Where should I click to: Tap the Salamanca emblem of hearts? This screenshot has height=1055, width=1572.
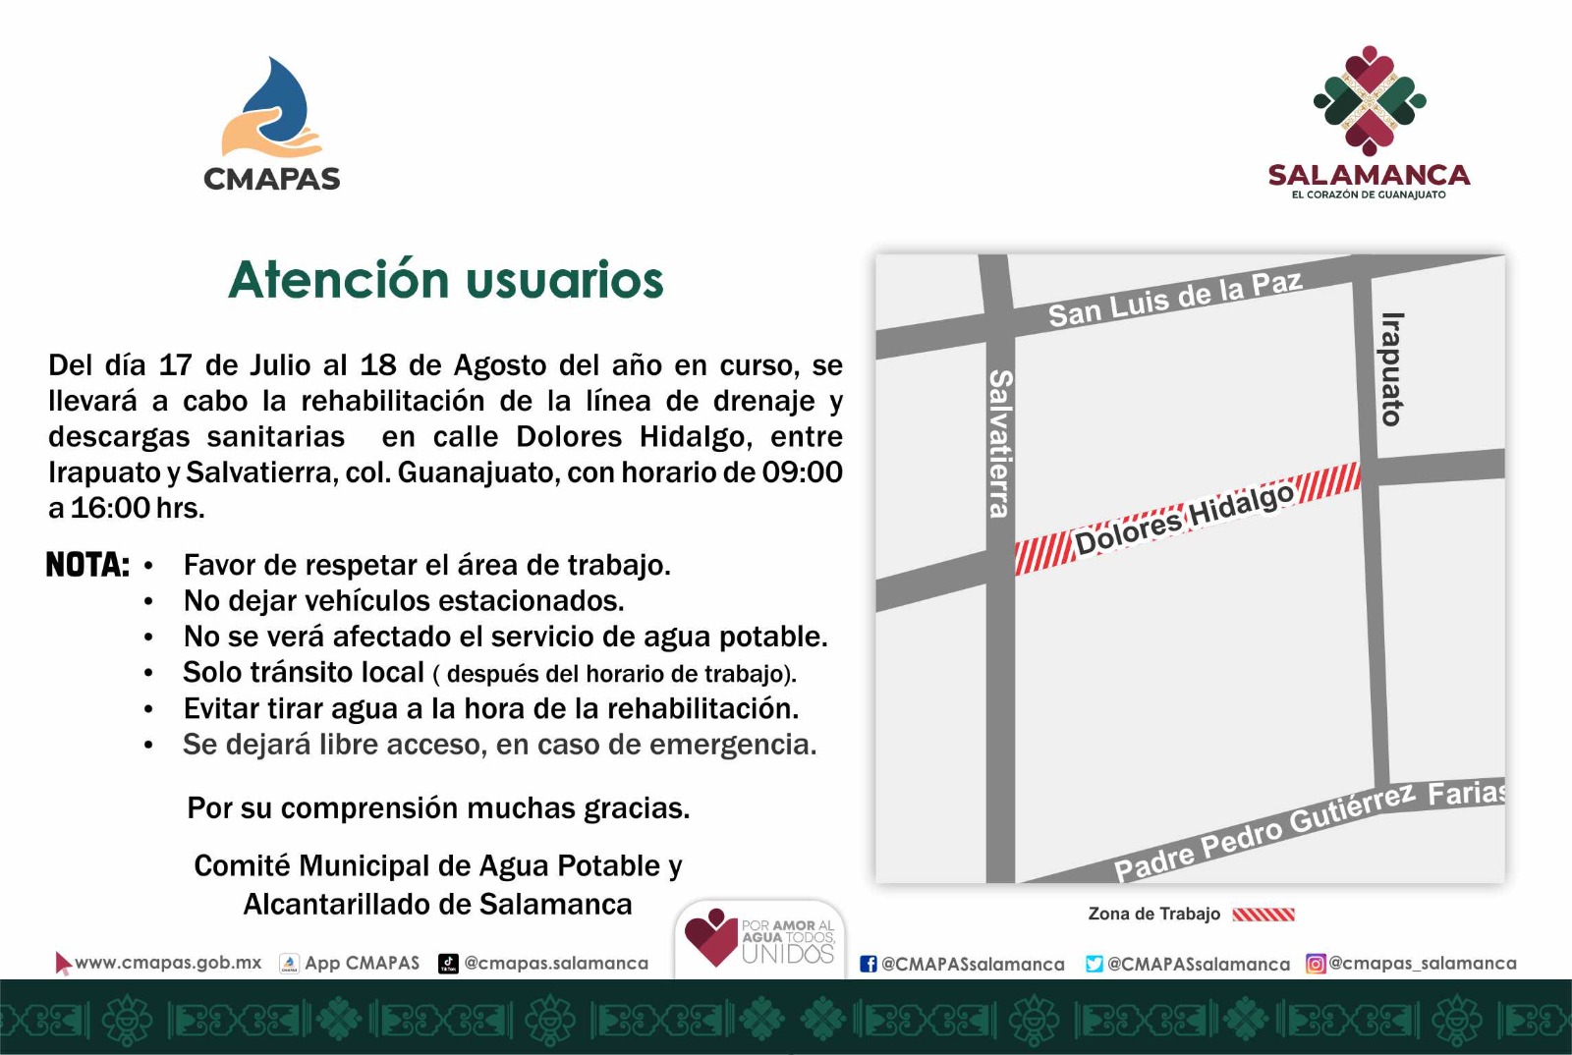coord(1370,101)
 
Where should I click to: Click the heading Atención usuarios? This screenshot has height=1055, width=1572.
coord(446,280)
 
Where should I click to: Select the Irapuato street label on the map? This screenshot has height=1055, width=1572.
coord(1392,369)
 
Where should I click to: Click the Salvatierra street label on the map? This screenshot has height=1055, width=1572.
coord(1000,443)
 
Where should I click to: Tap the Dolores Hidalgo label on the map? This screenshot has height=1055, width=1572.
coord(1184,519)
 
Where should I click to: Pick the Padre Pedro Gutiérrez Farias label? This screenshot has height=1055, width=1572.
coord(1310,830)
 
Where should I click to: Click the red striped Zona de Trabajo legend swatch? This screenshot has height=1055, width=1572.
coord(1263,914)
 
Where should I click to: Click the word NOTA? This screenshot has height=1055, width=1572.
coord(87,565)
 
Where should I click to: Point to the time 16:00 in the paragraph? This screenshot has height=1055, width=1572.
coord(110,508)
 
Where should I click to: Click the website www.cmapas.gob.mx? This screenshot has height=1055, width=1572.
coord(168,963)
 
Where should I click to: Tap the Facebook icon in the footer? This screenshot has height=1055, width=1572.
coord(869,964)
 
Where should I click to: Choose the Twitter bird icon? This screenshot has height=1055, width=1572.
coord(1095,964)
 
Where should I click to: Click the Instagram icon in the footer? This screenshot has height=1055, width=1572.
coord(1316,964)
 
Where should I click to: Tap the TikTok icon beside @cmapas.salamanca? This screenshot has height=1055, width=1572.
coord(448,963)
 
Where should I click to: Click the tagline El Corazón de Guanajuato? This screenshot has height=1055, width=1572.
coord(1369,194)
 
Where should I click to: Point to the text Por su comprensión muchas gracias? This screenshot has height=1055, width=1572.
coord(438,808)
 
